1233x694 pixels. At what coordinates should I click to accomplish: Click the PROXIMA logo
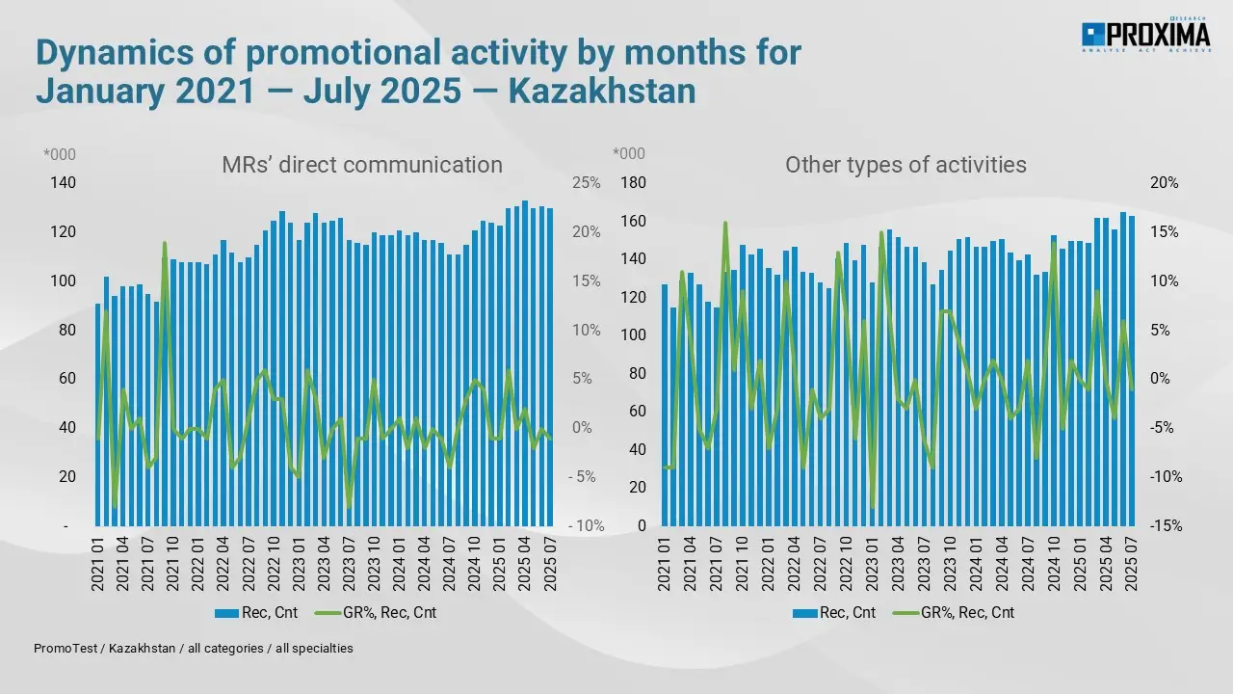tap(1145, 36)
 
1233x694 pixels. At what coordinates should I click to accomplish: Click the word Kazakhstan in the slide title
tap(601, 91)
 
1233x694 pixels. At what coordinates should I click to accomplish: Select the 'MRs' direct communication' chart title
tap(362, 165)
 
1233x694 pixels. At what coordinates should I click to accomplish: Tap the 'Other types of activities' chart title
tap(905, 165)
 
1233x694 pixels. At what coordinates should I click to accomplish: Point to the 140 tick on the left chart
tap(65, 183)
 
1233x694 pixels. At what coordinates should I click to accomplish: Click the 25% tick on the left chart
tap(586, 183)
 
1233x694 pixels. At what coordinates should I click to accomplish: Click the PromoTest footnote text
tap(194, 649)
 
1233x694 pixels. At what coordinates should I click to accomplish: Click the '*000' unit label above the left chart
tap(60, 154)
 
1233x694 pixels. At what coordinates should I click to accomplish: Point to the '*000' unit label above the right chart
tap(630, 154)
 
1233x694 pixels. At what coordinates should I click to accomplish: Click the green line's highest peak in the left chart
tap(165, 243)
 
